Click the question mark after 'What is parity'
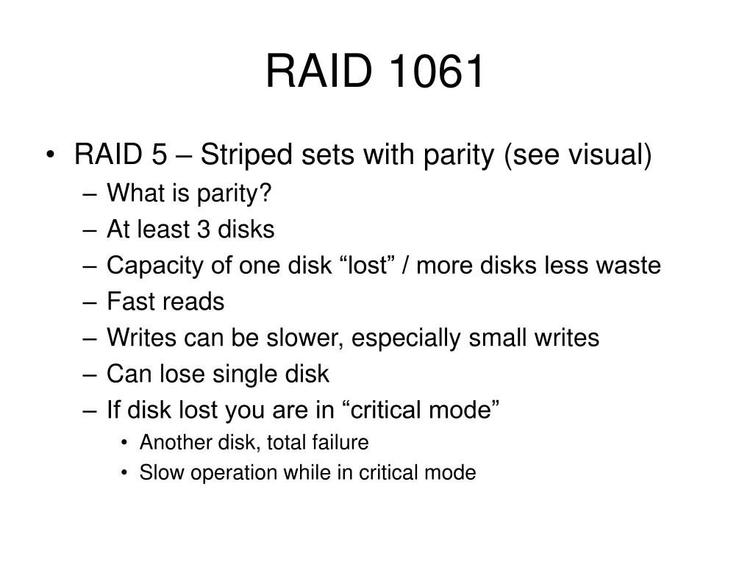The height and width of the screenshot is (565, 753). pos(267,194)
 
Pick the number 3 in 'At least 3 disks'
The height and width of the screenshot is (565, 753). pos(201,230)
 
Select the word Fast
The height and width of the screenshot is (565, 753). pos(129,302)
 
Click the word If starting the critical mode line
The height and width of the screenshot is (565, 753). pos(113,410)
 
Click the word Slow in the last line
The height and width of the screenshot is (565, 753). pos(155,472)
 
